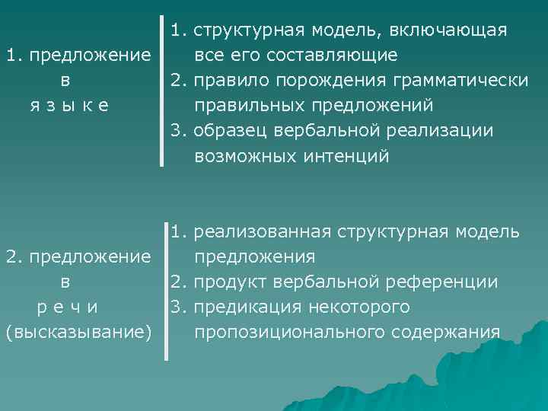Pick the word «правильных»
[243, 106]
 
